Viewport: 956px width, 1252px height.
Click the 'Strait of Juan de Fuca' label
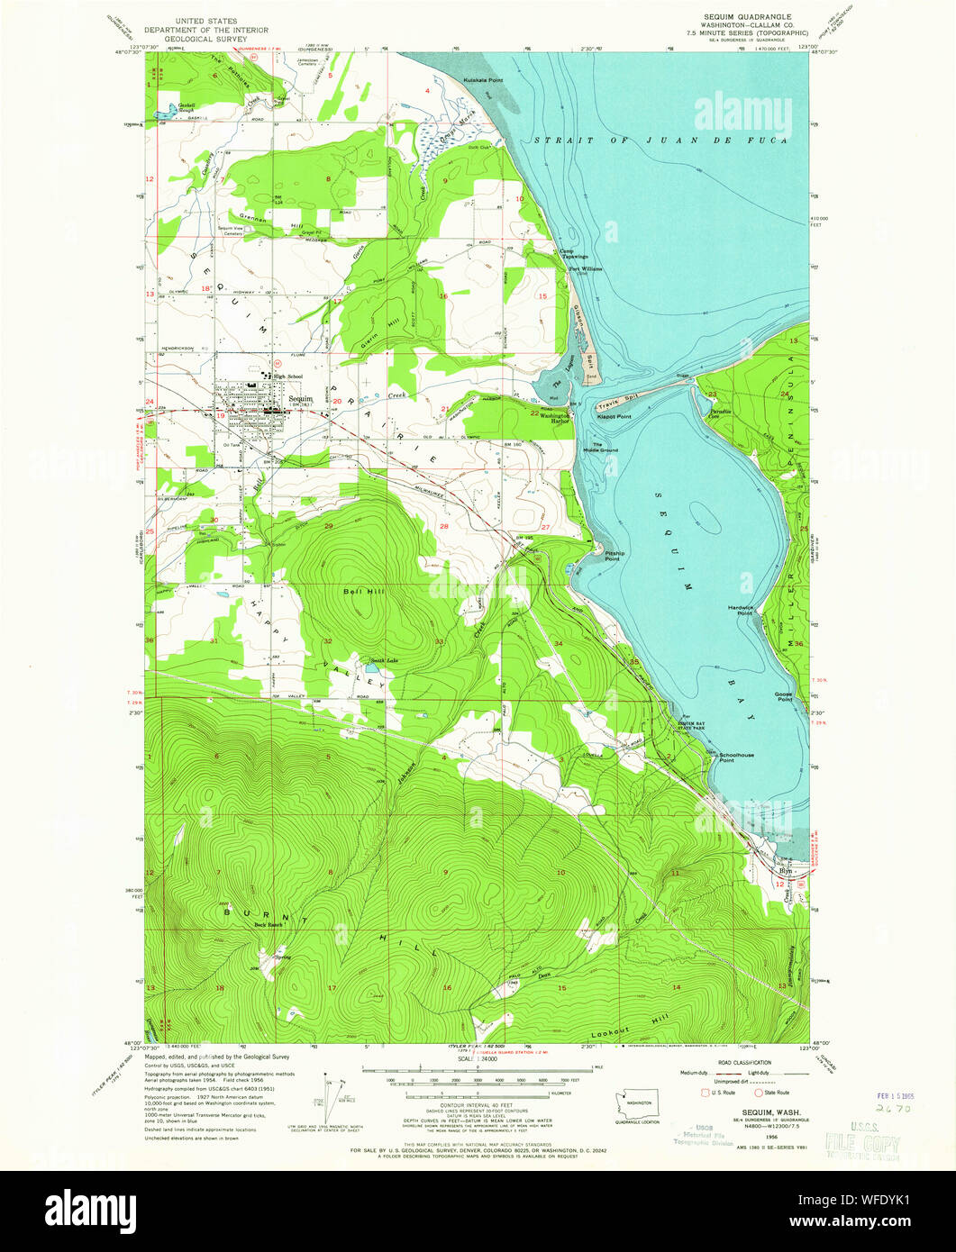pos(660,141)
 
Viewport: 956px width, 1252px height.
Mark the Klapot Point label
pos(612,417)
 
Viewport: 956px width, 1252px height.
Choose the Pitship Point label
pos(613,556)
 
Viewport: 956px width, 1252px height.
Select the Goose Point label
pos(783,696)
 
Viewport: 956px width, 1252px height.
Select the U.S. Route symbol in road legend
pos(707,1093)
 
